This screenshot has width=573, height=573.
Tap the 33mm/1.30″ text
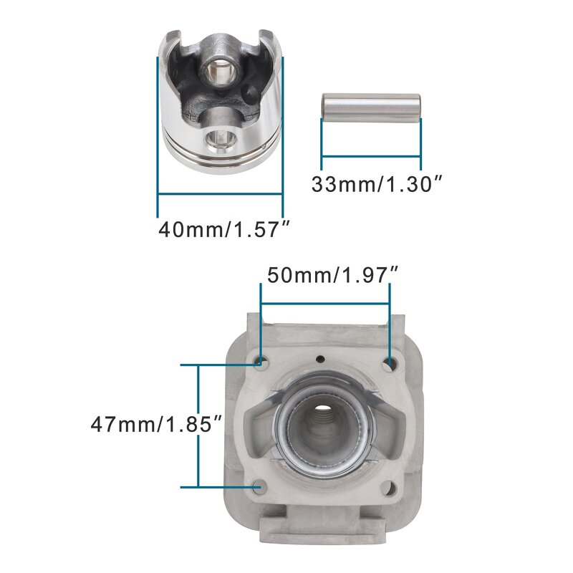pyautogui.click(x=374, y=184)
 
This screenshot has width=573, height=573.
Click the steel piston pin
pyautogui.click(x=370, y=107)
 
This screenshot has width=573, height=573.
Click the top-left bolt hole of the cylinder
pyautogui.click(x=261, y=363)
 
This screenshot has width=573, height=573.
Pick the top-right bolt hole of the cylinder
pyautogui.click(x=389, y=364)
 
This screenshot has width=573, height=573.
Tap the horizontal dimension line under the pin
pyautogui.click(x=371, y=155)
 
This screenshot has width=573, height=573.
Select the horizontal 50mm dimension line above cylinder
pyautogui.click(x=325, y=303)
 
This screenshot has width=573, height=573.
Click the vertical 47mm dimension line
pyautogui.click(x=198, y=426)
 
